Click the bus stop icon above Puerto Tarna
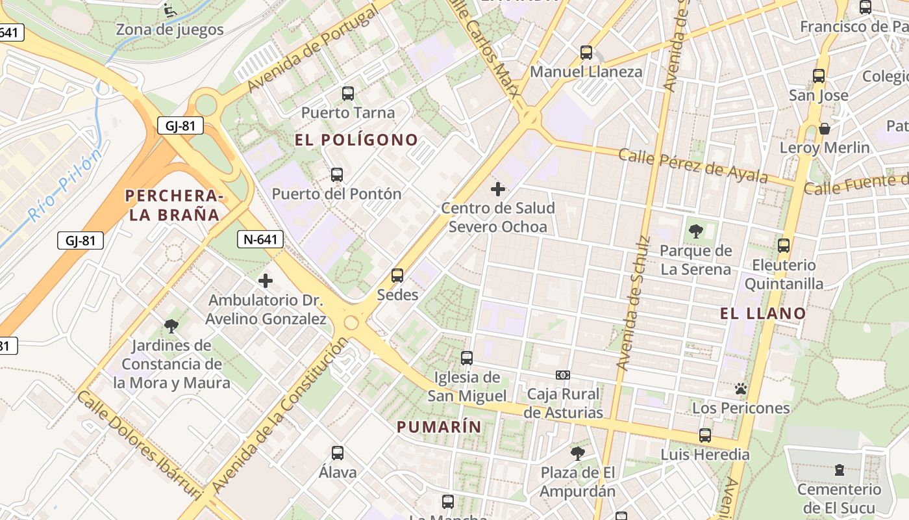point(348,94)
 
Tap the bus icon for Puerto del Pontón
point(336,174)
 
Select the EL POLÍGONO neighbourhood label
point(356,140)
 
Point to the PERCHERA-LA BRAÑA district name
point(174,205)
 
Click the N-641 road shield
point(260,239)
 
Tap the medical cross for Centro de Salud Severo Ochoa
point(498,189)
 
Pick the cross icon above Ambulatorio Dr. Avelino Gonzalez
point(266,281)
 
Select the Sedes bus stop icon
point(397,276)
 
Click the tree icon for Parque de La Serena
point(695,231)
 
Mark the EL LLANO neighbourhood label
point(763,313)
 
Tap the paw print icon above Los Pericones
point(741,389)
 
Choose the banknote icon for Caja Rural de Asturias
point(563,375)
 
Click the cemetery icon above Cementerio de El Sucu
point(840,469)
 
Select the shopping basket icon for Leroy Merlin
point(824,129)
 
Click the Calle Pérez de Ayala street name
point(693,166)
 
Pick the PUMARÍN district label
point(439,426)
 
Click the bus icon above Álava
point(338,453)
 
